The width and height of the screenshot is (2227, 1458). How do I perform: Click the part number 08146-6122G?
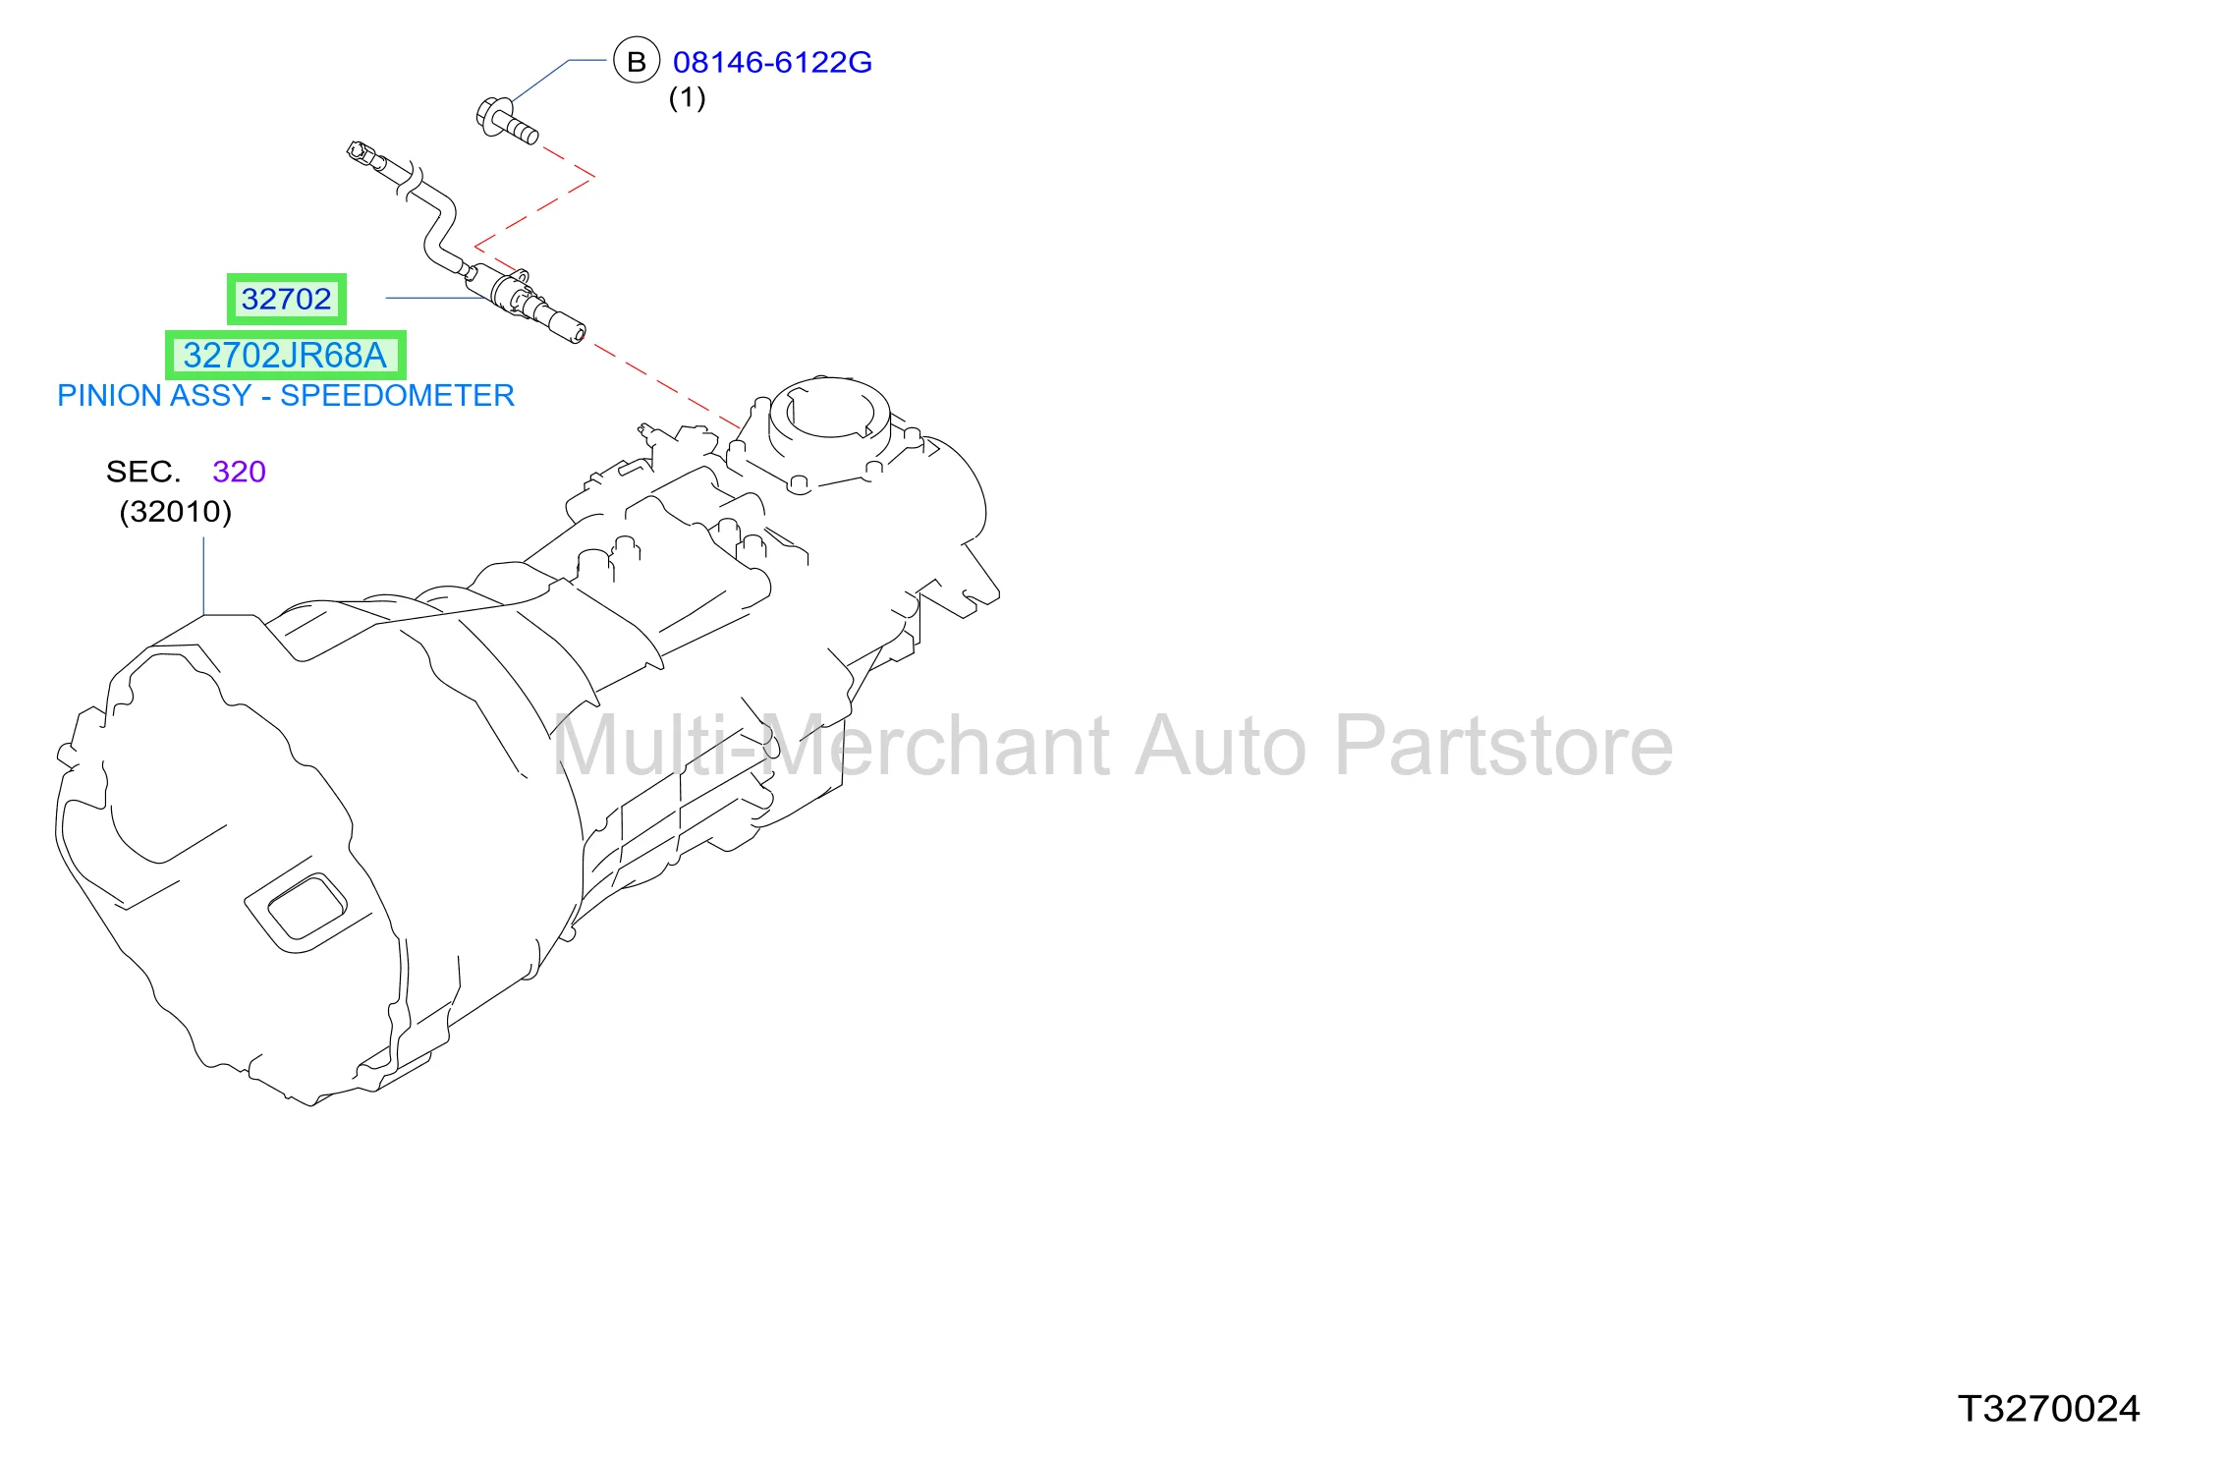pyautogui.click(x=772, y=62)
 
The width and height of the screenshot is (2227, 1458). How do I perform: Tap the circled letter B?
pyautogui.click(x=637, y=61)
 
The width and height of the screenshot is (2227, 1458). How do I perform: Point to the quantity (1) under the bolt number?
pyautogui.click(x=687, y=97)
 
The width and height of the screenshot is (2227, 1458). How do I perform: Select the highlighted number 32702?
pyautogui.click(x=287, y=299)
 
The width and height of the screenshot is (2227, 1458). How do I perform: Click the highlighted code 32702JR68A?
pyautogui.click(x=285, y=355)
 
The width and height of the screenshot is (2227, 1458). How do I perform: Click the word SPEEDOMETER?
pyautogui.click(x=398, y=395)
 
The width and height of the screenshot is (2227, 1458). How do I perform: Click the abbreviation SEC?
pyautogui.click(x=143, y=472)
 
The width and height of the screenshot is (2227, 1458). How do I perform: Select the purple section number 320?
pyautogui.click(x=239, y=472)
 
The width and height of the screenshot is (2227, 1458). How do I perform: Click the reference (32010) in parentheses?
pyautogui.click(x=176, y=511)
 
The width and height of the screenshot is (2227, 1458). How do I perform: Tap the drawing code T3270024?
pyautogui.click(x=2048, y=1409)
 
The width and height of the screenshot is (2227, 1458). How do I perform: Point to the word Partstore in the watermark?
pyautogui.click(x=1504, y=747)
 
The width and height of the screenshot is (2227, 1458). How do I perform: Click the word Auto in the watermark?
pyautogui.click(x=1221, y=747)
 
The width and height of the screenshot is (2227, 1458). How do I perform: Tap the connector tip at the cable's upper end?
pyautogui.click(x=360, y=152)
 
